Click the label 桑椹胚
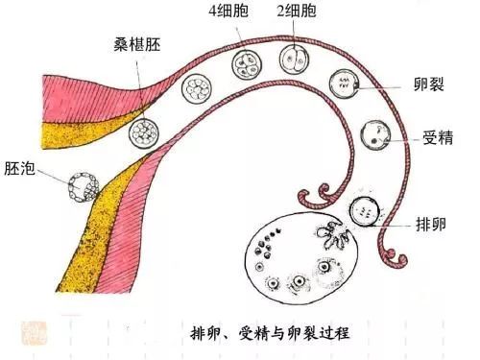(138, 44)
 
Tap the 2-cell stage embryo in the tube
(294, 58)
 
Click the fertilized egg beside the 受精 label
(373, 135)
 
